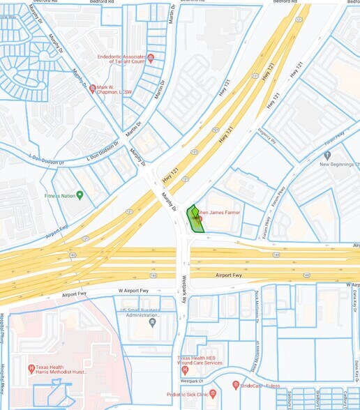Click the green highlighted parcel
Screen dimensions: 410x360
195,220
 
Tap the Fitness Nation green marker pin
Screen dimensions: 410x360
80,195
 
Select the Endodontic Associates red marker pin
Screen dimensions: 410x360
151,57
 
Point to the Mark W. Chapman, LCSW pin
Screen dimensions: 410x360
92,89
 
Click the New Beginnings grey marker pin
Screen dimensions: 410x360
327,155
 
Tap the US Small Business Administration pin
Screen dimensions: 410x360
152,322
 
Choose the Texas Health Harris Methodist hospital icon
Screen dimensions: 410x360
31,368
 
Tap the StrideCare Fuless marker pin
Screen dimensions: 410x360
236,384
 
